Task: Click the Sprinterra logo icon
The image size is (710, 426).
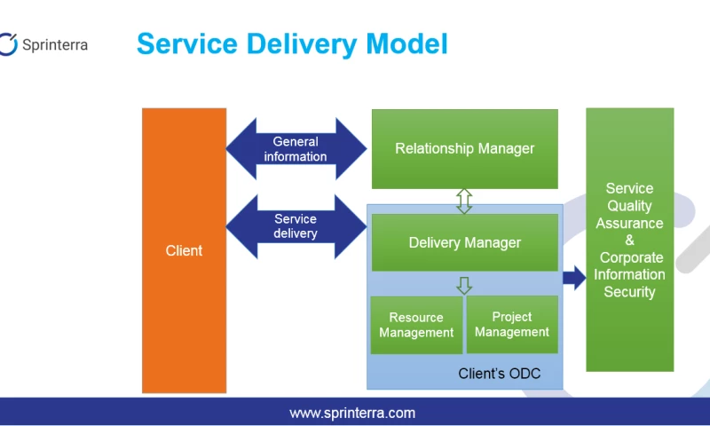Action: [x=8, y=43]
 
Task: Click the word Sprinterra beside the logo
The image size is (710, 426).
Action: [x=54, y=44]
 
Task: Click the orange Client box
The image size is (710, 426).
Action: [x=184, y=250]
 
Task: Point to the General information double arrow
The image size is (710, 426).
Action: [x=296, y=149]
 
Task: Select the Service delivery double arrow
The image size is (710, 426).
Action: [x=296, y=226]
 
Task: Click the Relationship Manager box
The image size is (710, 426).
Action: [x=464, y=148]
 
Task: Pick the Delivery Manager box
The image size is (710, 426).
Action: [x=464, y=242]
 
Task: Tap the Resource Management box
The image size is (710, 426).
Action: [x=416, y=325]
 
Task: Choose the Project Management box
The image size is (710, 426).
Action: [x=512, y=324]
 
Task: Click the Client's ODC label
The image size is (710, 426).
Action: [x=499, y=374]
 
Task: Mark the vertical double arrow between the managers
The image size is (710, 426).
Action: [x=464, y=201]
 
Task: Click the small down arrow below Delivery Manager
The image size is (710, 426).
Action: [x=464, y=285]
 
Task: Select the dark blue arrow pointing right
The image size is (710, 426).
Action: [x=574, y=278]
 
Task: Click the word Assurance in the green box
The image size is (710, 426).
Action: [x=629, y=224]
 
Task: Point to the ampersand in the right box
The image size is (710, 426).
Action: [x=629, y=241]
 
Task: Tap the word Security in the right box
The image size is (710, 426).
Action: [x=629, y=292]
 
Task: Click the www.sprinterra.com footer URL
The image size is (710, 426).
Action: [x=352, y=413]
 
